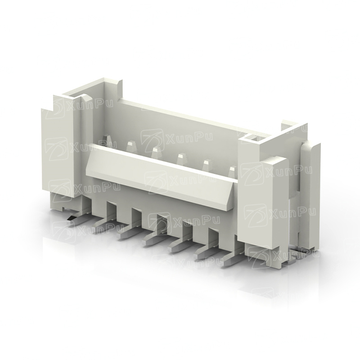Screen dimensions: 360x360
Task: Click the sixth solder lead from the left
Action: tap(204, 253)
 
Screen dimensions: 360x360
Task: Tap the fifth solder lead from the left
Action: tap(178, 246)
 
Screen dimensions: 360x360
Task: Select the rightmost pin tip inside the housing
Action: tap(233, 170)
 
